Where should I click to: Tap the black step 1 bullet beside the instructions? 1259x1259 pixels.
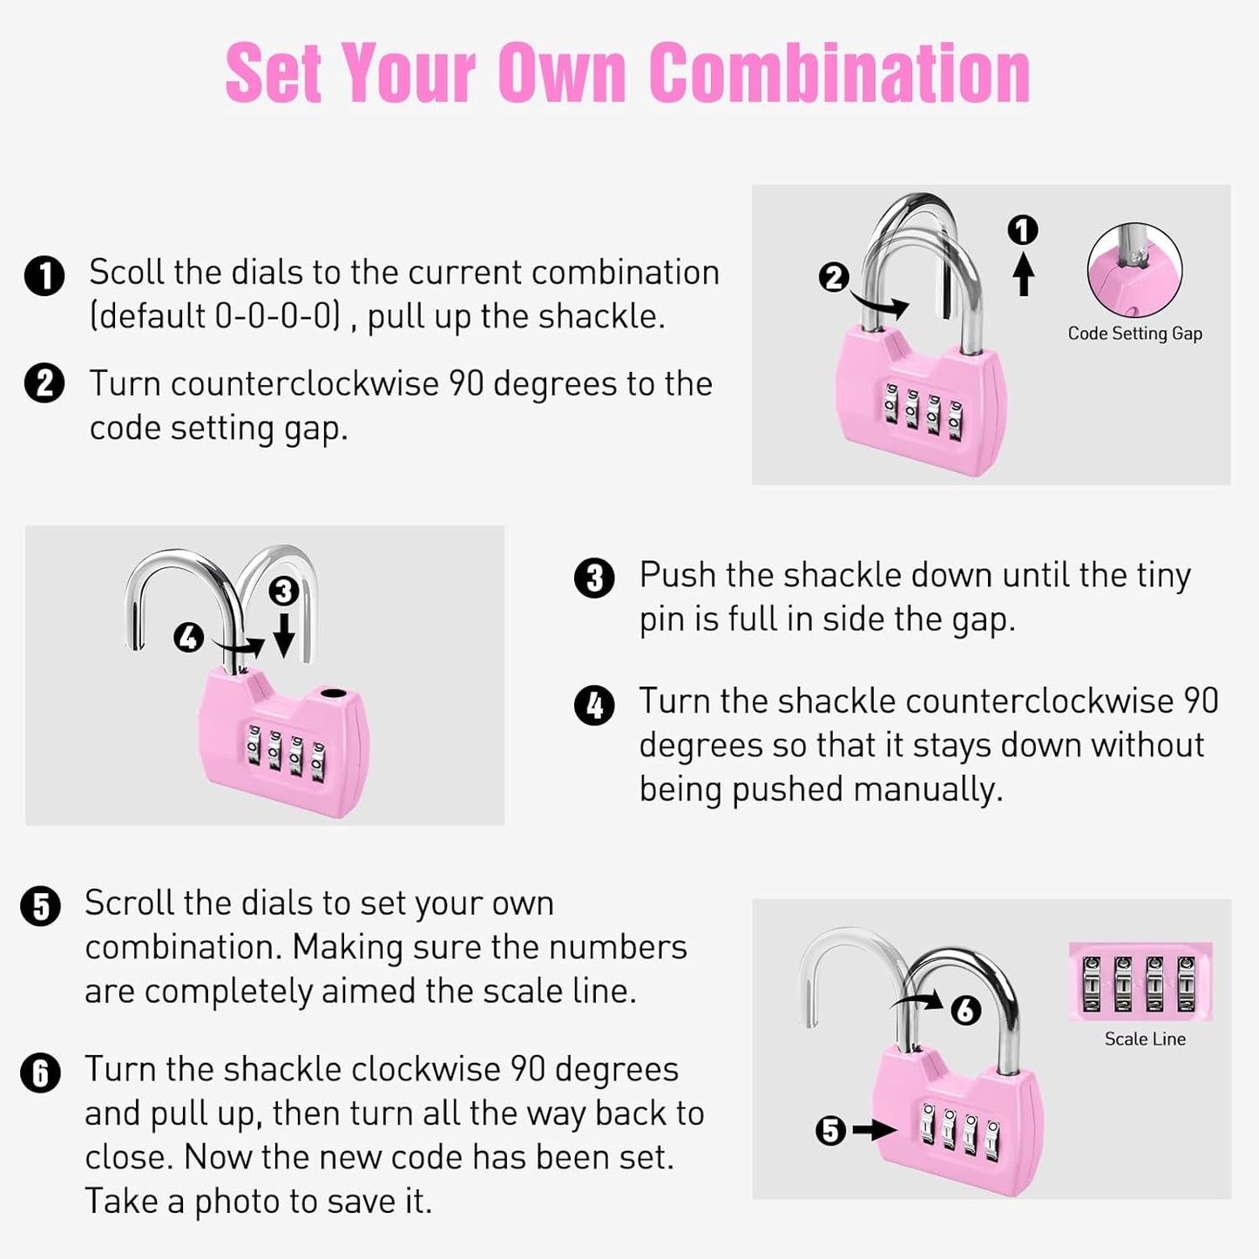click(44, 276)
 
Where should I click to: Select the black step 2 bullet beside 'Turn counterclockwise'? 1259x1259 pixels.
click(44, 384)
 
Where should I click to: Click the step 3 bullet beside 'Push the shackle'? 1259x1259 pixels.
click(594, 578)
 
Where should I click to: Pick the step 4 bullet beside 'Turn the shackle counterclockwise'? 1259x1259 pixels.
click(594, 705)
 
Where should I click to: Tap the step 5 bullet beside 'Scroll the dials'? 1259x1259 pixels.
click(41, 906)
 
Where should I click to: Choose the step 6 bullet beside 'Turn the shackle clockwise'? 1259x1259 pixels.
click(41, 1073)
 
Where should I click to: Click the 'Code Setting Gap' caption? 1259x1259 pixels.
click(1134, 334)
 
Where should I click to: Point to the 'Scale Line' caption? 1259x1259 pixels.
click(1145, 1039)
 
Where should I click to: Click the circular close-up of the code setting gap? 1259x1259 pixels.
click(1134, 271)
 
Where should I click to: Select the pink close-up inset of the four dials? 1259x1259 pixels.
click(1140, 982)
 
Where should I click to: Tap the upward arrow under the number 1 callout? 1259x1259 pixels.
click(1024, 274)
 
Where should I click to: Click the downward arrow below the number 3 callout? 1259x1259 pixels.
click(284, 633)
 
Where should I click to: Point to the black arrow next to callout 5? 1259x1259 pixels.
click(873, 1130)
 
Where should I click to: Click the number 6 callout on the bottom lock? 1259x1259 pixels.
click(965, 1011)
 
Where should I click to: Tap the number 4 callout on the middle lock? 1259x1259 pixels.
click(188, 638)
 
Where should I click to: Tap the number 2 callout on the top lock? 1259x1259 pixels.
click(833, 277)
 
